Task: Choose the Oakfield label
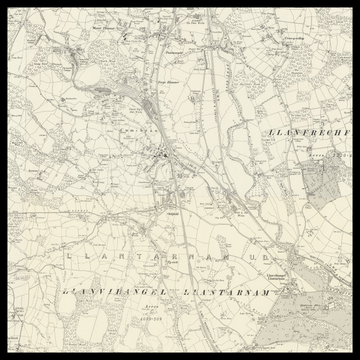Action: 172,213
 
